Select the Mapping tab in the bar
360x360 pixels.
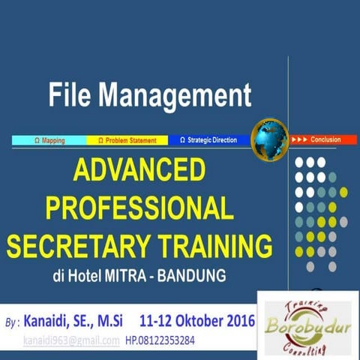click(49, 140)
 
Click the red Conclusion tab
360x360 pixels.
click(316, 139)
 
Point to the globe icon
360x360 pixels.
click(269, 138)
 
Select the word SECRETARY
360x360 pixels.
click(88, 245)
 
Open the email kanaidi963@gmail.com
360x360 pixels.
click(71, 340)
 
